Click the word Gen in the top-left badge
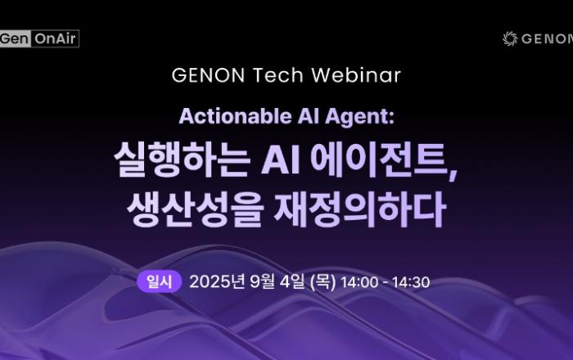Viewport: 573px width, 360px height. tap(14, 38)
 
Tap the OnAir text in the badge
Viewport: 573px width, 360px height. tap(55, 38)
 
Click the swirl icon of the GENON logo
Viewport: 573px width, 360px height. tap(510, 38)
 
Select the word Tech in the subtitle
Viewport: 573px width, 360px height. tap(278, 75)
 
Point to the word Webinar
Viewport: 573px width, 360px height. tap(356, 75)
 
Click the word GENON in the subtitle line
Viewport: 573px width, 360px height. tap(208, 75)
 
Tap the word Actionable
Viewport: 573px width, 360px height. tap(236, 116)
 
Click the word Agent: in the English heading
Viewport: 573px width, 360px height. tap(359, 117)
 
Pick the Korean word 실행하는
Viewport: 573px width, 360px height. tap(183, 160)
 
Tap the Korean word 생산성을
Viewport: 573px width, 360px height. tap(196, 209)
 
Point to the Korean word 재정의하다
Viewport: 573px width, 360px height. tap(360, 209)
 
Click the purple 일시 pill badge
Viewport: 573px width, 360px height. tap(160, 281)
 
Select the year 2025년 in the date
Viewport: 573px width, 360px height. tap(217, 282)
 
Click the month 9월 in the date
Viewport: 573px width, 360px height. tap(262, 282)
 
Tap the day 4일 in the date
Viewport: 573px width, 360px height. tap(291, 282)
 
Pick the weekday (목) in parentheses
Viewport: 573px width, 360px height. tap(323, 282)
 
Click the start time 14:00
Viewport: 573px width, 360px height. tap(359, 282)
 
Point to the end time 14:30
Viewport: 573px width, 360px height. tap(411, 282)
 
